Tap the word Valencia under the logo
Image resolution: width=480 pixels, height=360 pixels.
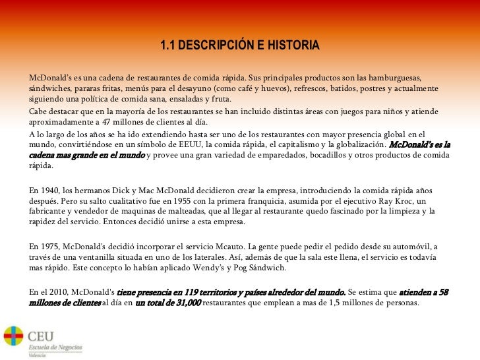38,354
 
